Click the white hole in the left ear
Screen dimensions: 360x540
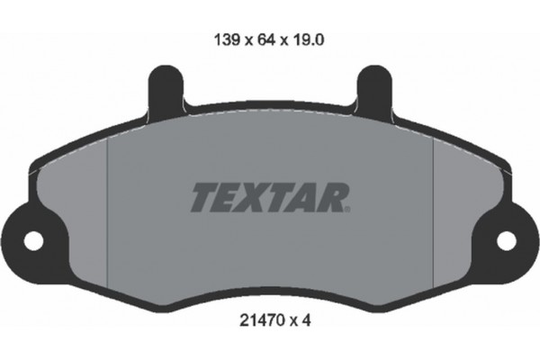pyautogui.click(x=33, y=240)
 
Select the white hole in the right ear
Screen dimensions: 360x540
pyautogui.click(x=506, y=240)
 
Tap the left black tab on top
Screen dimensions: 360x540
pyautogui.click(x=164, y=90)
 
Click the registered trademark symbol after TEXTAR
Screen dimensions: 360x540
pyautogui.click(x=346, y=209)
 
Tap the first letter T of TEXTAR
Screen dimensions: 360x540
pyautogui.click(x=202, y=196)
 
